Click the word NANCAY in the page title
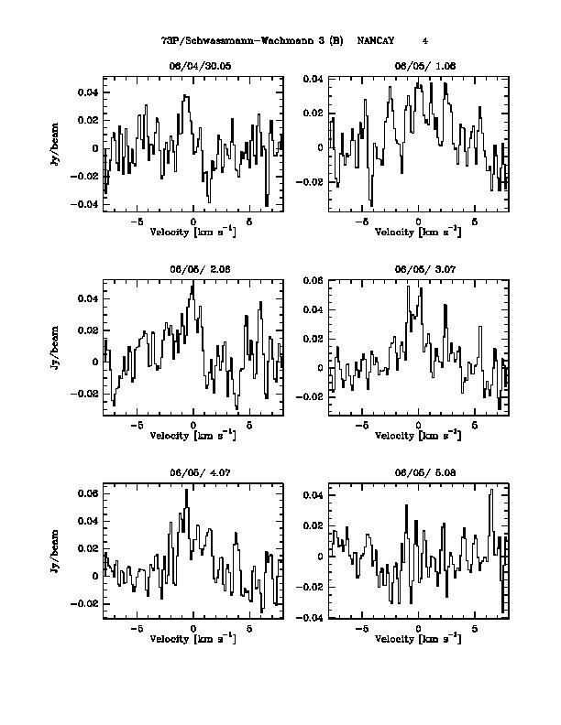coord(376,41)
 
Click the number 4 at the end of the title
coord(425,41)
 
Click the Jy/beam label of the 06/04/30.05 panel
coord(56,144)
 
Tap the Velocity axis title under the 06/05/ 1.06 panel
coord(419,232)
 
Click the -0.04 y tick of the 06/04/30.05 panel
coord(87,204)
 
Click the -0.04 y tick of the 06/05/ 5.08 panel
coord(313,618)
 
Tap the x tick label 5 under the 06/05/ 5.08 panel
coord(475,630)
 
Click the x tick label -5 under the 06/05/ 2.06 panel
coord(137,426)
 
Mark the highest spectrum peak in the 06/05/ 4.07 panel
coord(186,490)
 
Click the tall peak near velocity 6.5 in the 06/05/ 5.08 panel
coord(492,490)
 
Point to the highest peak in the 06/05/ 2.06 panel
coord(192,284)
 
